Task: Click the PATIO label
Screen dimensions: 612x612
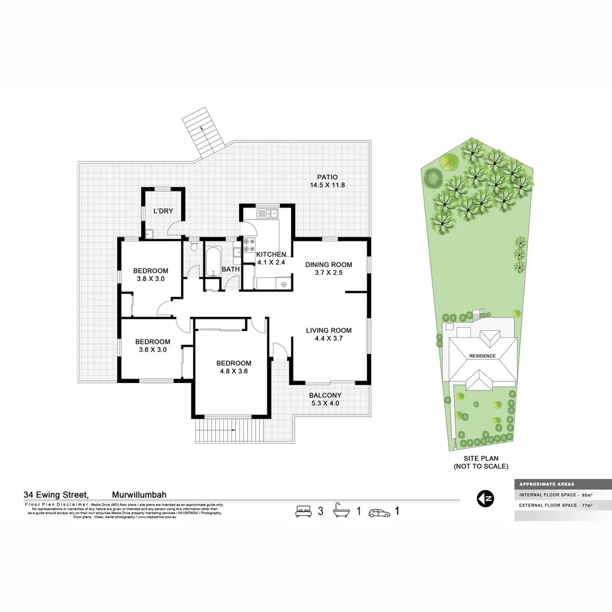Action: tap(327, 177)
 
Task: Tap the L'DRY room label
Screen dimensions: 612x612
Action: tap(163, 211)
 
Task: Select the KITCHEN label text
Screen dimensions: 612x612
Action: tap(271, 254)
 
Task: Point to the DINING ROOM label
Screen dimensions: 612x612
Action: tap(329, 265)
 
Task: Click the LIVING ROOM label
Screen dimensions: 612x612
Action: tap(329, 330)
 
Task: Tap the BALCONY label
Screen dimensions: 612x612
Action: tap(325, 396)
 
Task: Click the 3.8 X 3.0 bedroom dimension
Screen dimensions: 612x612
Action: tap(151, 278)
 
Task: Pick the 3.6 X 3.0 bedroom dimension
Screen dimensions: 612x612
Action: tap(152, 350)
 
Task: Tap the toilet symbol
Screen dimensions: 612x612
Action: tap(194, 246)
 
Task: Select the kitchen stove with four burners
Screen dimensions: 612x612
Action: tap(249, 246)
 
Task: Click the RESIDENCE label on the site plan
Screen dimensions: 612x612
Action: tap(482, 356)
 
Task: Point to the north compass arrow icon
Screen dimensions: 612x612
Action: tap(485, 499)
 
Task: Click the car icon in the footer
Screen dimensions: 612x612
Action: tap(379, 513)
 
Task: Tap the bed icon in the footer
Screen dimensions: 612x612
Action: tap(304, 511)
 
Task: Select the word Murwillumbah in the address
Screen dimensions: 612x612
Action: tap(139, 494)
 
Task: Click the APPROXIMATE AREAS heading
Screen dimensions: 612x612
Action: tap(546, 484)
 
